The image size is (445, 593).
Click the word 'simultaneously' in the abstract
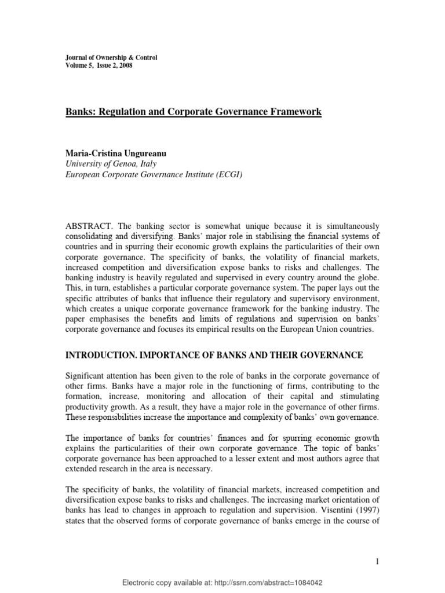coord(350,225)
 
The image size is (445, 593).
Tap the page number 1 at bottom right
coord(377,561)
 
